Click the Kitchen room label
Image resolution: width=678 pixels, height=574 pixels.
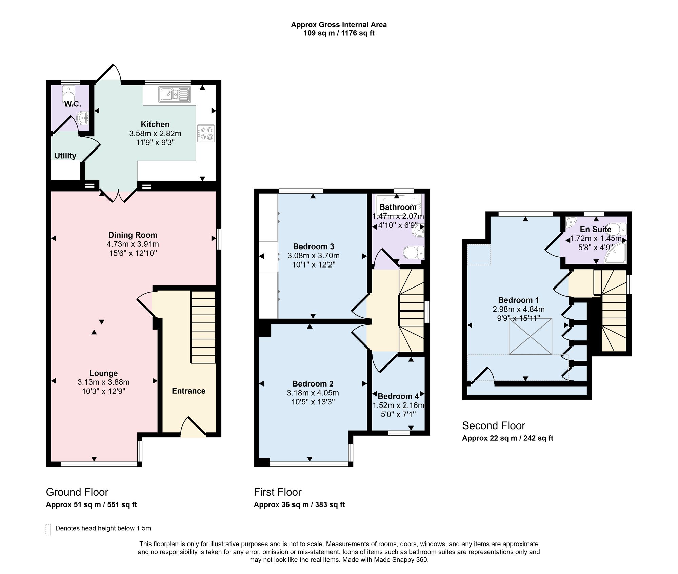click(x=155, y=124)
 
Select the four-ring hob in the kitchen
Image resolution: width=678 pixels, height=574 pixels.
click(x=206, y=133)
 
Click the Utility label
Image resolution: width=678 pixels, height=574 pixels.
click(x=65, y=156)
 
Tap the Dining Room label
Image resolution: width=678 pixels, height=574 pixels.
click(x=133, y=235)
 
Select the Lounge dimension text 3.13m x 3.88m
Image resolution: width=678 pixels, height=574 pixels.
click(x=103, y=382)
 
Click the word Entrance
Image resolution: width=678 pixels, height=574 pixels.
click(x=188, y=391)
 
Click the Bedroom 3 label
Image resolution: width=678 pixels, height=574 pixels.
click(x=314, y=246)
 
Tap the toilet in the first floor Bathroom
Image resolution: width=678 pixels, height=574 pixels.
click(x=414, y=253)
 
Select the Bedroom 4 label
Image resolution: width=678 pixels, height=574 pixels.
click(x=398, y=396)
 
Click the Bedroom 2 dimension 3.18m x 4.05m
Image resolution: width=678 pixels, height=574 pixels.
click(x=313, y=393)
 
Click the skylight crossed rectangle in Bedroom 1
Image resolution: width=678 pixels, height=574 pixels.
click(x=530, y=337)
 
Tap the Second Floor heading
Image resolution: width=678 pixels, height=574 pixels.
click(x=494, y=425)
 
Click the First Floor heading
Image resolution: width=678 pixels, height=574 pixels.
click(x=278, y=492)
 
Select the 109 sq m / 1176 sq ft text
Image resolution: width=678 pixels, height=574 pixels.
click(x=339, y=33)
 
